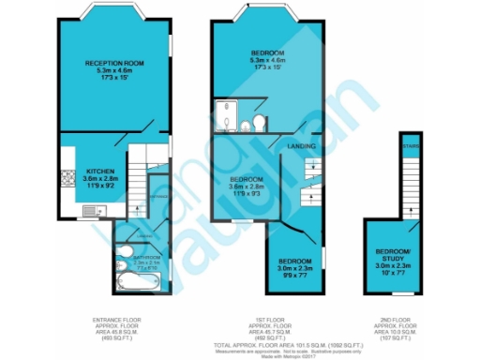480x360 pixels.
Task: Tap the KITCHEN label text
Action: pyautogui.click(x=99, y=172)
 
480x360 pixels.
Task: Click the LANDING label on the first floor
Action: pyautogui.click(x=301, y=146)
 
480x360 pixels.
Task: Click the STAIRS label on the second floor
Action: pyautogui.click(x=409, y=147)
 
